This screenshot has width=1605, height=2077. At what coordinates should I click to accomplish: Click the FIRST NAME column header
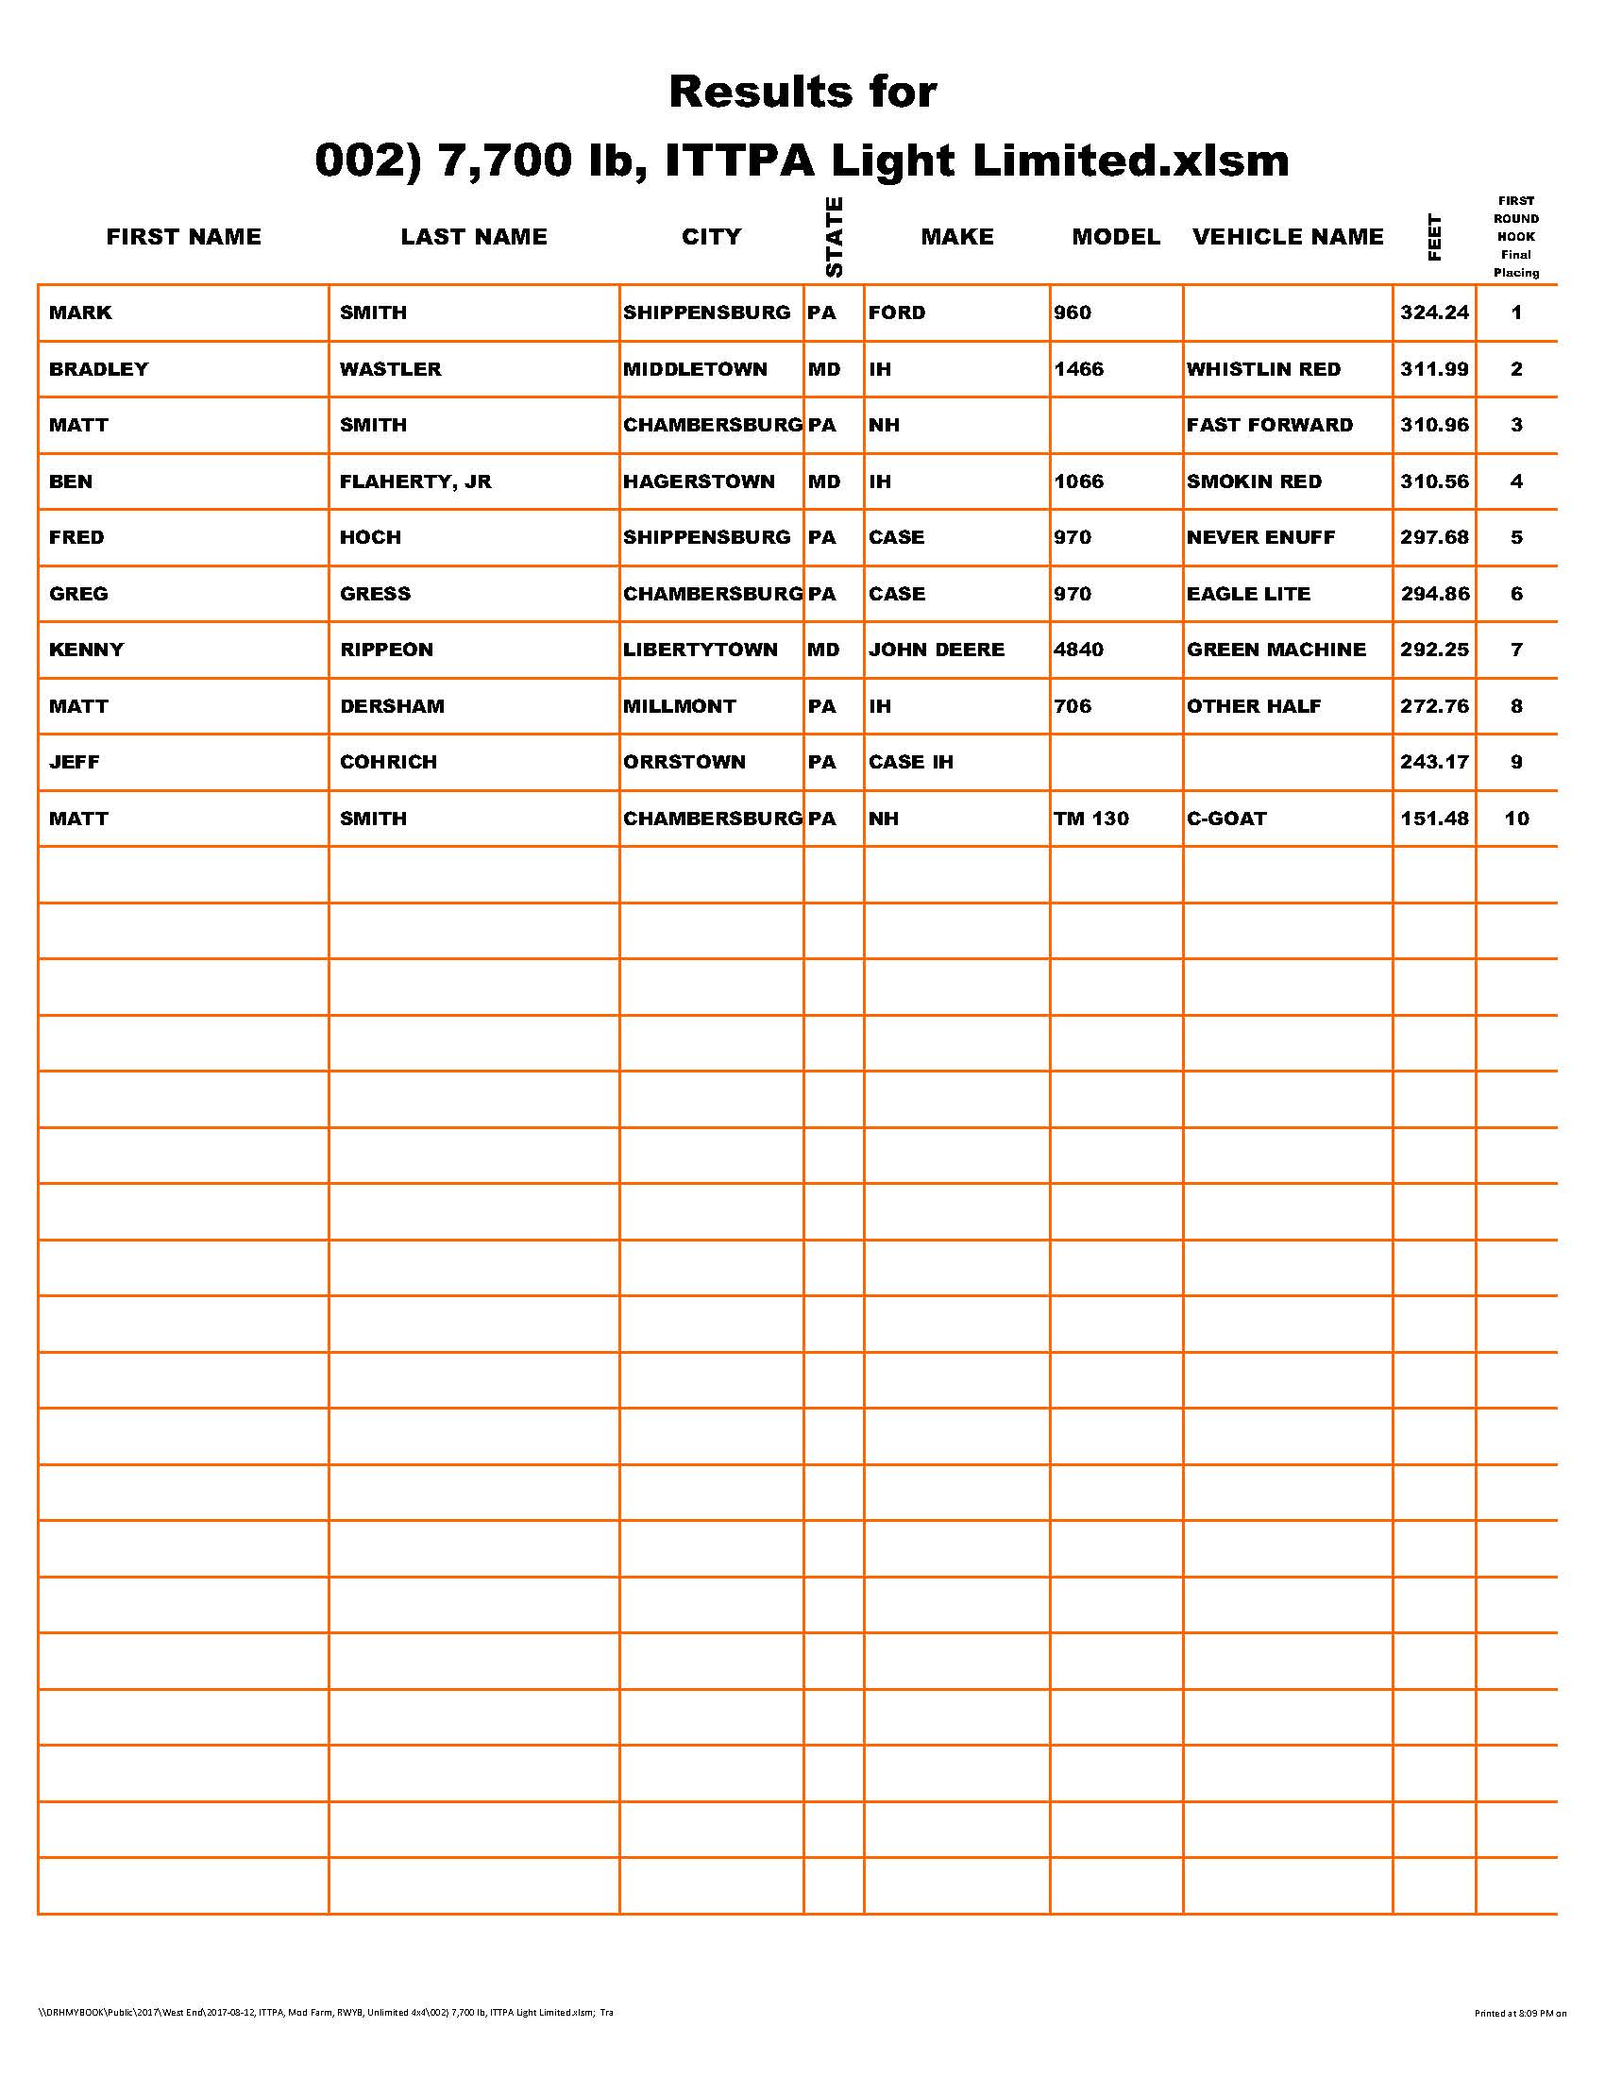(183, 237)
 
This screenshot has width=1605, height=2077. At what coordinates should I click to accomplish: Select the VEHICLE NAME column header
(1288, 237)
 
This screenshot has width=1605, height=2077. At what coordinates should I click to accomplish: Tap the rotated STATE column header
(834, 237)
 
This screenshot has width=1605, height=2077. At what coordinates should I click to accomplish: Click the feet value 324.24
(1434, 312)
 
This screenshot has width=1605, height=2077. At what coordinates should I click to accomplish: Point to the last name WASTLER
(391, 369)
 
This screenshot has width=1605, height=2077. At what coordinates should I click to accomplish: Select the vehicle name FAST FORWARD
(1269, 425)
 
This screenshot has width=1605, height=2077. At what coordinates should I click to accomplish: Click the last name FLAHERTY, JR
(415, 481)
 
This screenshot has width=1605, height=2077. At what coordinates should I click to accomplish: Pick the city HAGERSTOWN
(699, 481)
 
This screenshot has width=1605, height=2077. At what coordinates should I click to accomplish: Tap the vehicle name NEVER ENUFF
(1260, 537)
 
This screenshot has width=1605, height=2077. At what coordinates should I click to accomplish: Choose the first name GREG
(79, 594)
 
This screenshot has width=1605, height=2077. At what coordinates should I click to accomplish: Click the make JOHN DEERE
(937, 650)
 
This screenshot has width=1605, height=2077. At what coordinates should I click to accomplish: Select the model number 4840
(1078, 650)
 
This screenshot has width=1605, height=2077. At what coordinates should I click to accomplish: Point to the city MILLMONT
(680, 705)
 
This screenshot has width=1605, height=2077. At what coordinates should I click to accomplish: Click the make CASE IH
(911, 762)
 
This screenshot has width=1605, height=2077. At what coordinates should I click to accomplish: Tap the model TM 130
(1091, 818)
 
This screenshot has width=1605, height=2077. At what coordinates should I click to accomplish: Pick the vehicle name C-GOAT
(1226, 818)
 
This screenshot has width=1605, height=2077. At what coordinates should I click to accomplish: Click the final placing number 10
(1516, 818)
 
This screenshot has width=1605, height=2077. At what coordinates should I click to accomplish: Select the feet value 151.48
(1434, 818)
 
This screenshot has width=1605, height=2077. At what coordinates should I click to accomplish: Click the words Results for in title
(802, 93)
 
